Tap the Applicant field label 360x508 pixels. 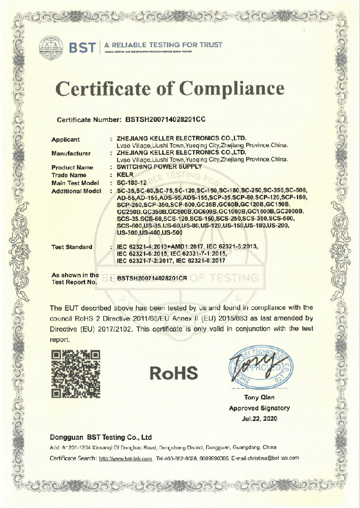click(x=66, y=139)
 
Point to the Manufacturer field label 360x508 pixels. click(x=71, y=153)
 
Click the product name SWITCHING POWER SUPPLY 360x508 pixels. click(x=159, y=167)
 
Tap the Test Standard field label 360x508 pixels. click(x=72, y=247)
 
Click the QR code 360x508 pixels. click(x=76, y=373)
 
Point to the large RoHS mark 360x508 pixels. click(x=174, y=374)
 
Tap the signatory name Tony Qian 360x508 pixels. click(x=259, y=397)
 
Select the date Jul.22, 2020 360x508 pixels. click(x=259, y=418)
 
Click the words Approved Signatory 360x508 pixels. click(x=259, y=408)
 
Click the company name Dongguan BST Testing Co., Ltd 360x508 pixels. click(x=101, y=437)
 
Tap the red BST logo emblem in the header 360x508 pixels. click(x=51, y=47)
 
